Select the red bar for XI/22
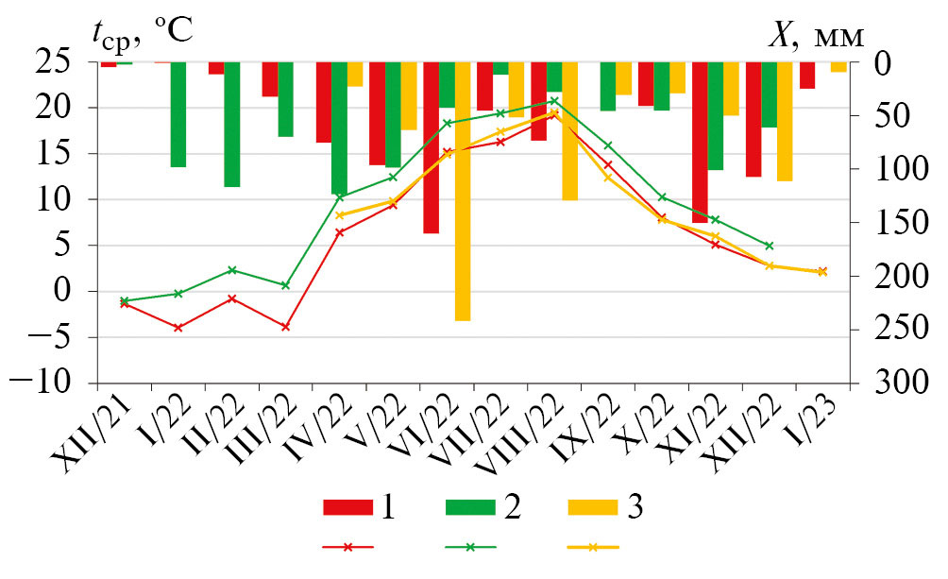700,142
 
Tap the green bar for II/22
231,124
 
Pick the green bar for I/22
178,114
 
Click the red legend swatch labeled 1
347,507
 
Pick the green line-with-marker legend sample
470,547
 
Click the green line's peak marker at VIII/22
553,99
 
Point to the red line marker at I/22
178,327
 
